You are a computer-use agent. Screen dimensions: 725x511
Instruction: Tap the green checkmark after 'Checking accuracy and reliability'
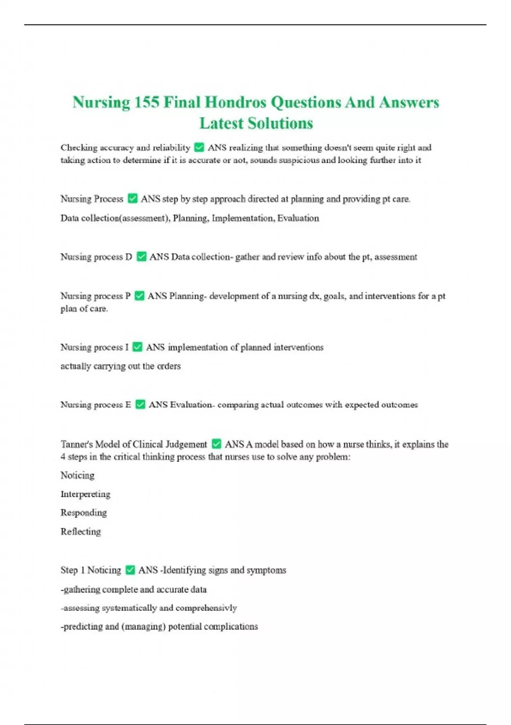199,148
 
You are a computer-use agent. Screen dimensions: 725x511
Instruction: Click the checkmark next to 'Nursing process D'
141,257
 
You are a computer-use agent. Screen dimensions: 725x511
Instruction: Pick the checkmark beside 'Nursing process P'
139,296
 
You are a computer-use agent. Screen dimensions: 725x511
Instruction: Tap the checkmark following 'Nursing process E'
140,405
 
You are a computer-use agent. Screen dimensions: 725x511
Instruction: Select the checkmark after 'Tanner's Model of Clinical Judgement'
216,444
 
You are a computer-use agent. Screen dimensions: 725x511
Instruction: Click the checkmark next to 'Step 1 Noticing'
130,570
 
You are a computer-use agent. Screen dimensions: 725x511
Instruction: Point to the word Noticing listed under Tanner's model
78,476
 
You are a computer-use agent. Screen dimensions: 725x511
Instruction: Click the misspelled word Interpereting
85,494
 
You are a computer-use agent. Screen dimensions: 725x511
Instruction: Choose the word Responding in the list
83,513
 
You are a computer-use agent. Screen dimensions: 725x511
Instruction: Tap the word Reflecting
80,532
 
